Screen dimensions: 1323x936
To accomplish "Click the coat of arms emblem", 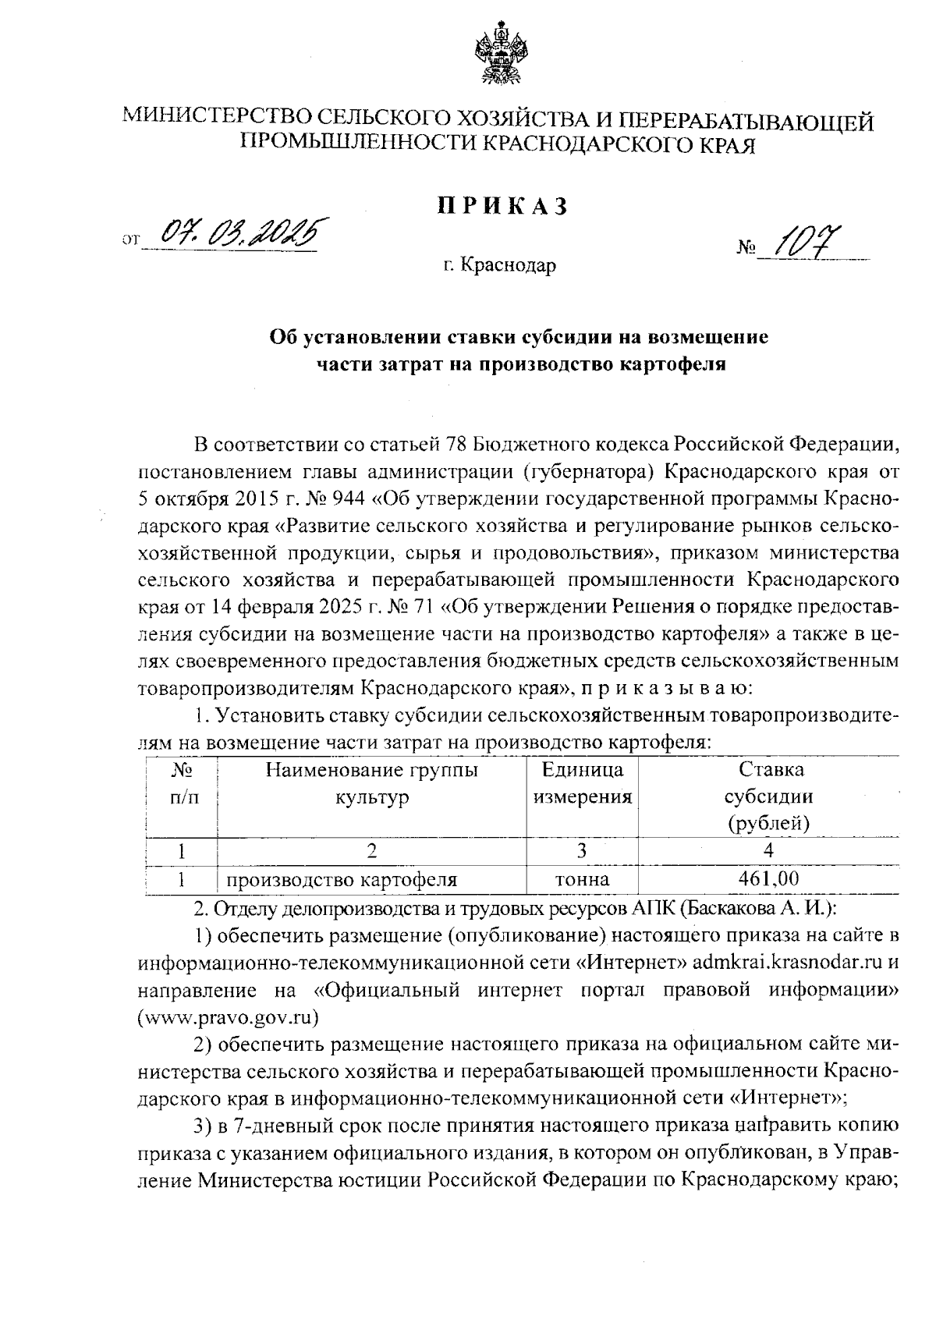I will [x=498, y=55].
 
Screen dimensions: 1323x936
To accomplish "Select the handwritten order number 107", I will [x=809, y=243].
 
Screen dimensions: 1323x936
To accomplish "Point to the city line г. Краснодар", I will [x=500, y=266].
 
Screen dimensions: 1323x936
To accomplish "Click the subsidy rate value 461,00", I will [x=768, y=880].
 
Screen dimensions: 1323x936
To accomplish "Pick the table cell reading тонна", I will [x=581, y=880].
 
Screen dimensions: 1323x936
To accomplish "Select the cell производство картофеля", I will [x=342, y=881].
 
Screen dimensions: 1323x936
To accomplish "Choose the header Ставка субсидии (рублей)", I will [x=768, y=796].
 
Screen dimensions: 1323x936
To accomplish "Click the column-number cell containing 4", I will [x=768, y=850].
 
